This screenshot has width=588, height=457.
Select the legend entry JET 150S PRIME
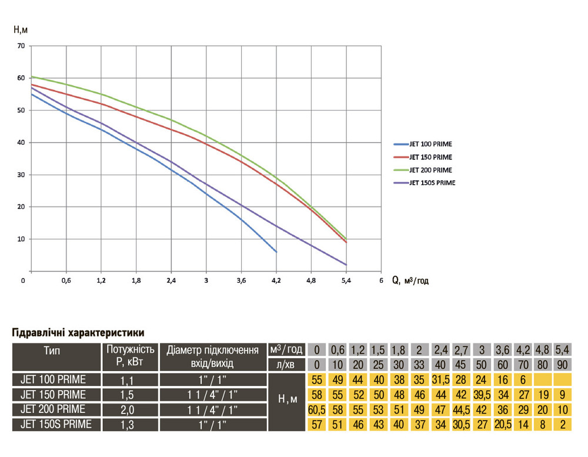click(x=432, y=183)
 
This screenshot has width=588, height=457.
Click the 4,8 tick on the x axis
click(x=311, y=281)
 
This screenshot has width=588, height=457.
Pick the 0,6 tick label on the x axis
click(x=66, y=281)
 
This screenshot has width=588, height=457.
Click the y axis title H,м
click(x=21, y=28)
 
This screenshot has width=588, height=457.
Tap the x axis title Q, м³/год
click(x=410, y=281)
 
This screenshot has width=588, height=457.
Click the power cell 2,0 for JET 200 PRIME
click(x=130, y=409)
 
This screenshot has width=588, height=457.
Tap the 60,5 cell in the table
click(x=317, y=409)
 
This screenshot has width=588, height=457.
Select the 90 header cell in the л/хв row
click(x=563, y=365)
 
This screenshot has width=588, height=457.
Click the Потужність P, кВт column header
click(x=130, y=356)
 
